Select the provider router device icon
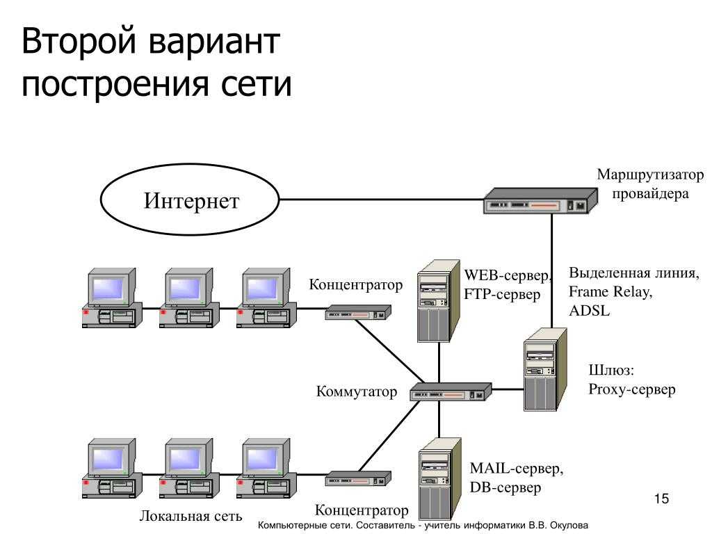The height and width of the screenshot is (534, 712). (x=540, y=201)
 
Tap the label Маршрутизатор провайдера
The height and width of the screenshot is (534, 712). (x=650, y=184)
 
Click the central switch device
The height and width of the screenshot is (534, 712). (x=451, y=392)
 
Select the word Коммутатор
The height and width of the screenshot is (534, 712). (x=357, y=391)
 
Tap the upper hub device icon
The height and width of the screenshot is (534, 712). (x=358, y=312)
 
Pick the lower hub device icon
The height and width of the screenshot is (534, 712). (x=358, y=478)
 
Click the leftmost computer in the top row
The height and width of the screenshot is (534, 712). (x=112, y=298)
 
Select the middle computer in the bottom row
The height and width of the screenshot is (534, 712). (x=189, y=469)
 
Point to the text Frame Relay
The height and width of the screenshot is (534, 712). (x=610, y=291)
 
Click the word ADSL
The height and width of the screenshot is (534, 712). (x=589, y=311)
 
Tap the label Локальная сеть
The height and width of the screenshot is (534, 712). (x=191, y=516)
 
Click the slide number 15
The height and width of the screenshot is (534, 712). (x=662, y=499)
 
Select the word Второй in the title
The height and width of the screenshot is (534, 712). (x=79, y=41)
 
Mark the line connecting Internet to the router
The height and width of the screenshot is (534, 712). (x=382, y=200)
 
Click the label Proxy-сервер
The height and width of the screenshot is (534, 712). (x=631, y=389)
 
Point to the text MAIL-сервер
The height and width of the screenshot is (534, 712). (x=517, y=468)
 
